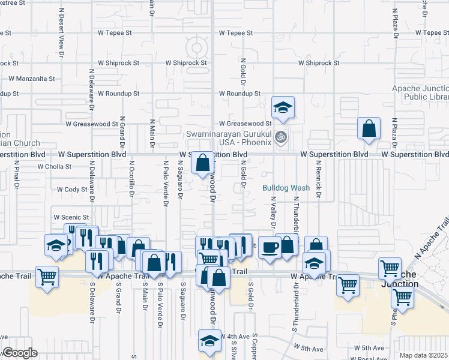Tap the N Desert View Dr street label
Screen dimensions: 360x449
(x=61, y=40)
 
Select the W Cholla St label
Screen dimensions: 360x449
(x=54, y=167)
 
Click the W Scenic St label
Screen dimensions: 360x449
(x=71, y=217)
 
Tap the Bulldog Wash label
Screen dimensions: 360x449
(x=286, y=188)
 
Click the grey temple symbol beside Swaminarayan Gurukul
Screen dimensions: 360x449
(x=280, y=138)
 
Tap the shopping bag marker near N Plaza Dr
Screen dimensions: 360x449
(x=369, y=128)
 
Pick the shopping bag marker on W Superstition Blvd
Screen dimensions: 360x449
(x=203, y=162)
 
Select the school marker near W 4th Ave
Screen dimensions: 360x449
(x=208, y=341)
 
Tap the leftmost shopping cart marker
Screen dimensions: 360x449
(x=47, y=277)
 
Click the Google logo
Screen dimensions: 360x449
(x=19, y=353)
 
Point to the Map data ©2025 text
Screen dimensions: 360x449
(x=423, y=355)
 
